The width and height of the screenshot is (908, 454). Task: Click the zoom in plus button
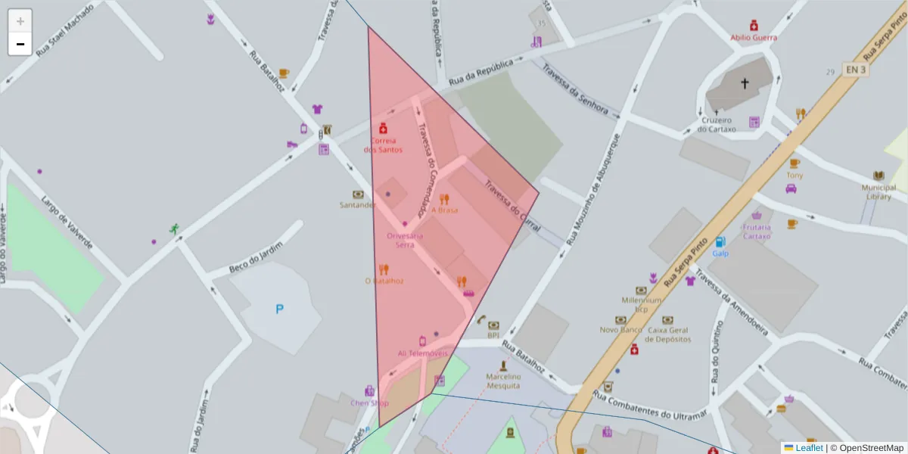[20, 21]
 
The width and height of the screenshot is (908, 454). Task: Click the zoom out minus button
[20, 44]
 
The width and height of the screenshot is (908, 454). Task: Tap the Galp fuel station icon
[720, 241]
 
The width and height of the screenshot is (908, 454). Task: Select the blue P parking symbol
[279, 309]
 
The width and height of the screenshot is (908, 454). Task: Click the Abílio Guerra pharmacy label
[753, 37]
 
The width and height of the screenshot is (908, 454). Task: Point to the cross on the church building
[744, 84]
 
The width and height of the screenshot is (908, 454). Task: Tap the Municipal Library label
[878, 192]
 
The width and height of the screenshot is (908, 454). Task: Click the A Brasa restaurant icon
[444, 200]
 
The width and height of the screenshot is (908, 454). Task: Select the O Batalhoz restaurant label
[384, 281]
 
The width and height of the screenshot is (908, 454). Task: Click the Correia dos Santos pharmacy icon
[383, 128]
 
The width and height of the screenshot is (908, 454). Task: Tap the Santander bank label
[357, 205]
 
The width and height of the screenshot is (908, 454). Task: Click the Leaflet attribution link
[809, 448]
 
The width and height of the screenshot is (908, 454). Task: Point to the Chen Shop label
[369, 403]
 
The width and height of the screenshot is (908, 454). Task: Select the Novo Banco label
[620, 330]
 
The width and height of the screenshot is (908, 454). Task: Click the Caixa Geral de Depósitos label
[668, 334]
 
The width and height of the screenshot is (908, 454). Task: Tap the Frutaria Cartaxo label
[757, 232]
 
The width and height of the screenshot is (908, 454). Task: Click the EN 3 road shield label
[856, 70]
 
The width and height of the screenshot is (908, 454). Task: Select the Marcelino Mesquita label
[503, 381]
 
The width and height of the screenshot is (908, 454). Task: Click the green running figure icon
[175, 229]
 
